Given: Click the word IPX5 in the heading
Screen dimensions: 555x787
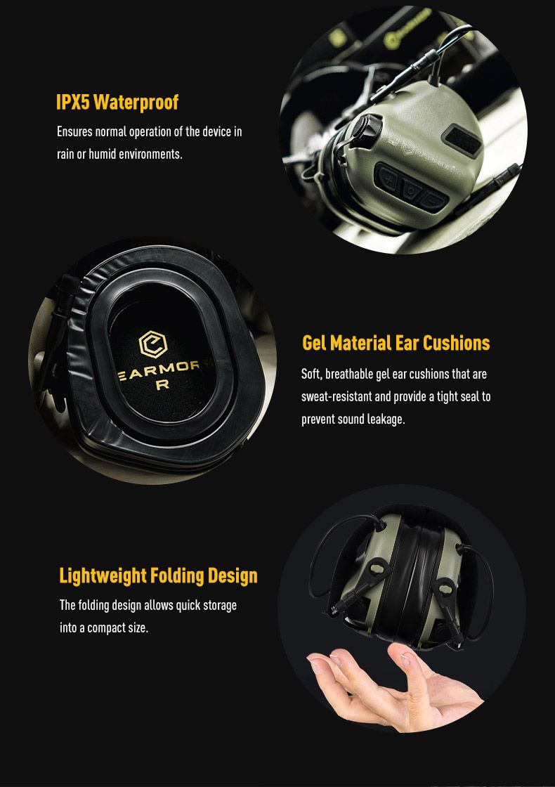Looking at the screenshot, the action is [72, 102].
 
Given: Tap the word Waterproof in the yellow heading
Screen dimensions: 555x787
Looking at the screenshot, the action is [136, 103].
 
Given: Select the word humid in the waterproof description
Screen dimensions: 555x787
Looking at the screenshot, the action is [103, 154].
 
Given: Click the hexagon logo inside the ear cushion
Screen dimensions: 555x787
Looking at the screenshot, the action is [152, 344].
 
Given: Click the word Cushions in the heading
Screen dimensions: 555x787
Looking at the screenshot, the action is [456, 344].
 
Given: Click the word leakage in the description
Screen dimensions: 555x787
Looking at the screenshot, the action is [386, 419].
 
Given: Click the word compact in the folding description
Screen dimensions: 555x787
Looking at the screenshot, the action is [106, 628].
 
